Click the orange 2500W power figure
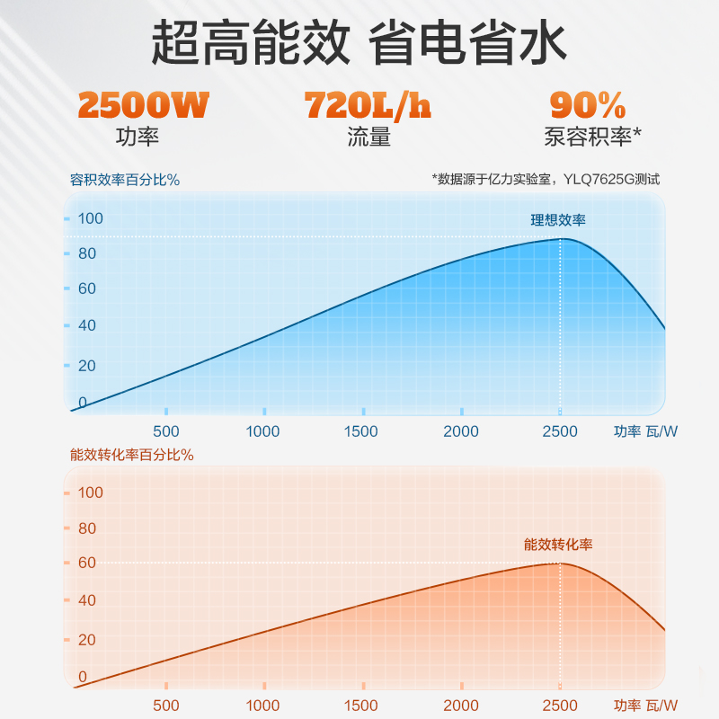[143, 106]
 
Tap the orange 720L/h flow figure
[368, 106]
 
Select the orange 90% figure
[588, 106]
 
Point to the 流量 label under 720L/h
[368, 138]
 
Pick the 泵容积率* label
[592, 138]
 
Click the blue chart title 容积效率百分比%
[125, 180]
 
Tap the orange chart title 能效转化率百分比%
[132, 454]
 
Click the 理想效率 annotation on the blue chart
[558, 220]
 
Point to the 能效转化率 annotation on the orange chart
[558, 545]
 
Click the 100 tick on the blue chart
[91, 218]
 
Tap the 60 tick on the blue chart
[86, 288]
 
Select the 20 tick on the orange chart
[86, 640]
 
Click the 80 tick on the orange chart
[86, 528]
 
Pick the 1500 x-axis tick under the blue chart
[361, 431]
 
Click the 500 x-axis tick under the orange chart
[166, 706]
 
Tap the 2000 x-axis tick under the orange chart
[461, 706]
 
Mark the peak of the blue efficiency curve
[561, 238]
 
